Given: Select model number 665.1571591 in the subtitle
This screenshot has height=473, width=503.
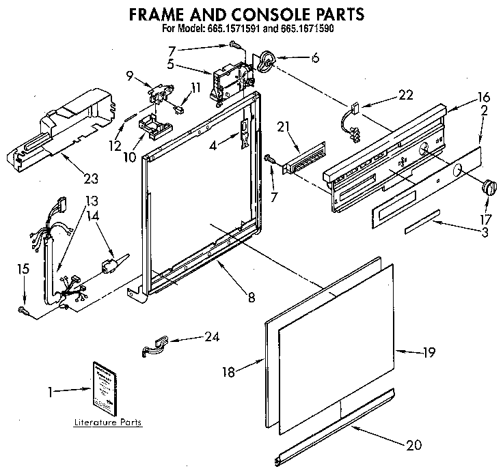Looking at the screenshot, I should pyautogui.click(x=254, y=29).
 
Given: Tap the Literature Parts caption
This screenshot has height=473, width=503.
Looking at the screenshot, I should pyautogui.click(x=108, y=422).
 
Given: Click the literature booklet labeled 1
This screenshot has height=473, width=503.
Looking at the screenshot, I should pyautogui.click(x=103, y=388).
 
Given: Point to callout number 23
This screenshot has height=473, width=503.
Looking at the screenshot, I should pyautogui.click(x=90, y=179).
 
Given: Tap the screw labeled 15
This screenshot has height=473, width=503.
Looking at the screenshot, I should pyautogui.click(x=25, y=311).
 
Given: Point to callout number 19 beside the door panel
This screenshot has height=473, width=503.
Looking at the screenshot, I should pyautogui.click(x=428, y=352).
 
